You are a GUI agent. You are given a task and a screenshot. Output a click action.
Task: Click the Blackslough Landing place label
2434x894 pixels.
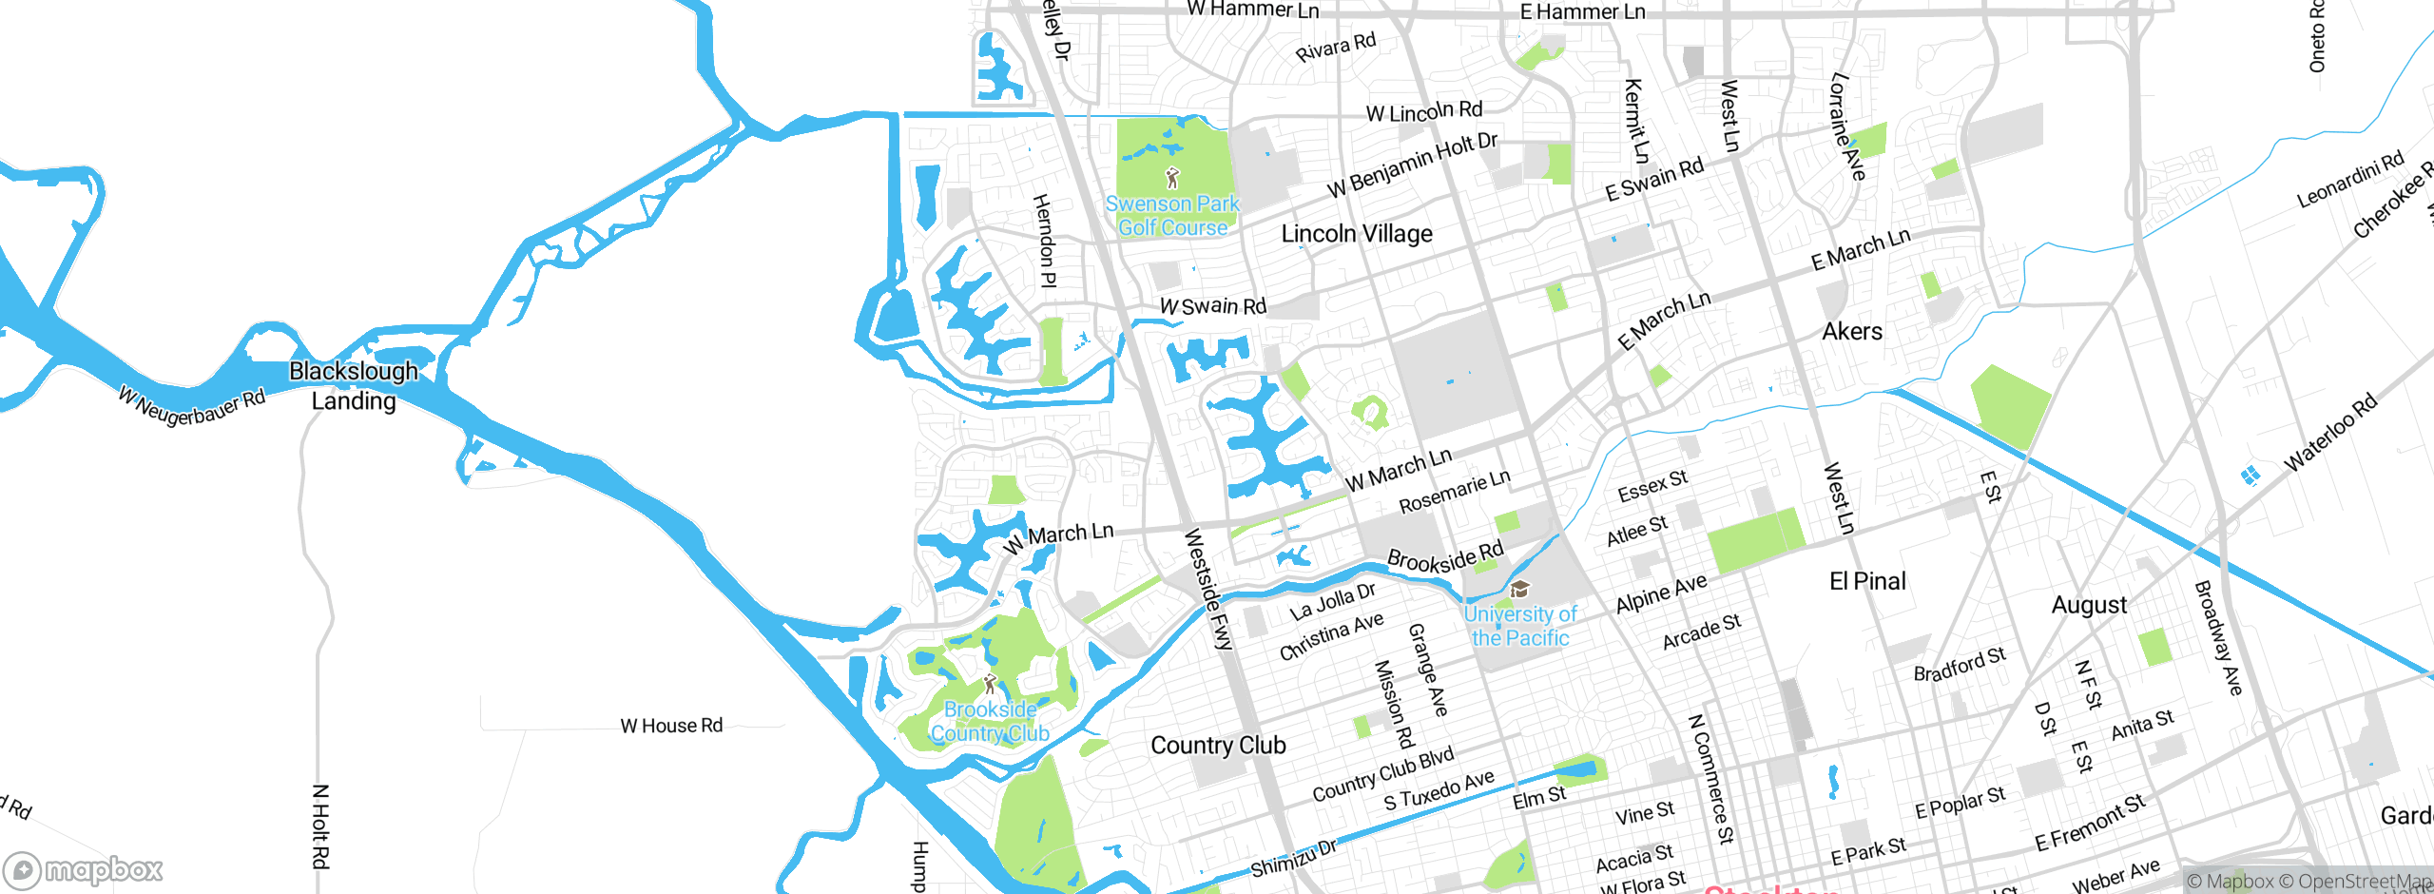[354, 385]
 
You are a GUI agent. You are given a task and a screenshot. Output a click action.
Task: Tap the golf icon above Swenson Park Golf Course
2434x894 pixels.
[1172, 178]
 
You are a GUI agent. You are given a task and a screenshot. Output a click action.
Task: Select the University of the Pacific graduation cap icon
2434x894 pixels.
[1519, 590]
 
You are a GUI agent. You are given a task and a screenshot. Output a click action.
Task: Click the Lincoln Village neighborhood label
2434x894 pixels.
[1357, 234]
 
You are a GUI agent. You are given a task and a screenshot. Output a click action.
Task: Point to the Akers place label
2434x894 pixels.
[1851, 331]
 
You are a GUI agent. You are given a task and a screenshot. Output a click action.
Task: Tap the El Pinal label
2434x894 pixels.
[1867, 581]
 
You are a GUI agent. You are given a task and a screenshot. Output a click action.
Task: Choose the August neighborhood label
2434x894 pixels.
[2089, 605]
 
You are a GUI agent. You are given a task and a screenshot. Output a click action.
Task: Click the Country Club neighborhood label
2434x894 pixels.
[1218, 745]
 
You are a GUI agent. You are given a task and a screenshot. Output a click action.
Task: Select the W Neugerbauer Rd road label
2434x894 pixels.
[192, 406]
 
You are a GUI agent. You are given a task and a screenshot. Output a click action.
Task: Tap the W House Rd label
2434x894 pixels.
[671, 726]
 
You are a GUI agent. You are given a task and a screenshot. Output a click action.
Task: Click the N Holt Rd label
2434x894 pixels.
[320, 826]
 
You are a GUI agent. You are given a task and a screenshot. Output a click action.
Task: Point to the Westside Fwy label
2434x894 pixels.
[1207, 590]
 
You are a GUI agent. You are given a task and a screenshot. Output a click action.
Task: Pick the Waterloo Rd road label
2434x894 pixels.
[2330, 432]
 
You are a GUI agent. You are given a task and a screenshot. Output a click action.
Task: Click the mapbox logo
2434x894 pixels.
[84, 869]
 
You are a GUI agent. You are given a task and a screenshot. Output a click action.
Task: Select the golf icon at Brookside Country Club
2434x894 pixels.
[990, 684]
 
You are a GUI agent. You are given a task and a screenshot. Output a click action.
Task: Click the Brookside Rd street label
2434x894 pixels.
[1445, 556]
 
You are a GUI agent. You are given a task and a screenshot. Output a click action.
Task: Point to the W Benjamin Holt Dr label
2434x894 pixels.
[1412, 165]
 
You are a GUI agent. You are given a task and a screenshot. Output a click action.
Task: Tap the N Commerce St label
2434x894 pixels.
[1710, 778]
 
